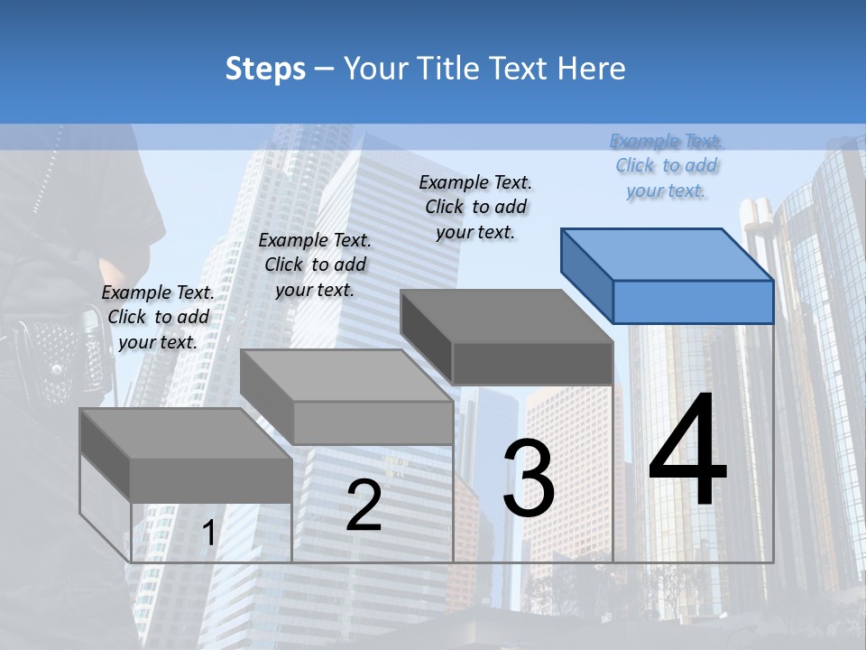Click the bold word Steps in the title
[265, 69]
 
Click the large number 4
[687, 451]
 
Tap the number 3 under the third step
[529, 478]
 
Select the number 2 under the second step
[364, 506]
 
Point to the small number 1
[208, 534]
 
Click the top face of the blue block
[666, 255]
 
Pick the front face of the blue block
[693, 302]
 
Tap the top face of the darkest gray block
[505, 316]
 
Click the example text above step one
[158, 317]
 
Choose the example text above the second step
[315, 265]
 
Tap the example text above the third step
[475, 207]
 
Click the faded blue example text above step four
[667, 165]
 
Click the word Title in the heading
[451, 69]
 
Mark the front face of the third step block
[532, 363]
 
